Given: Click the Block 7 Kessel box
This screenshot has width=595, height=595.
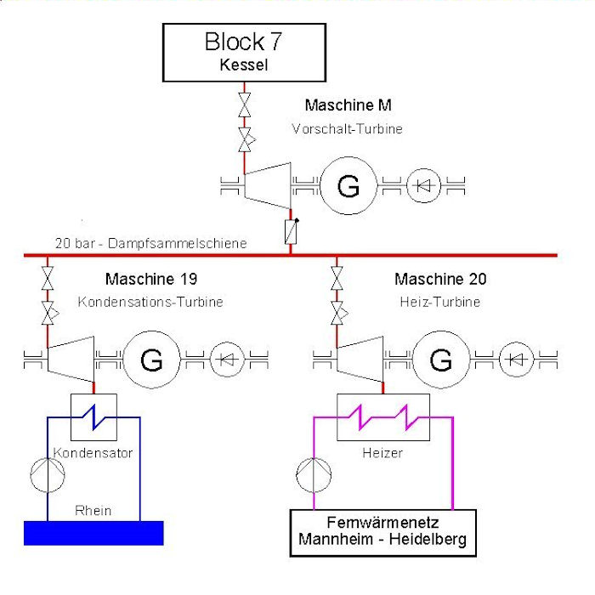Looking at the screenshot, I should click(x=244, y=52).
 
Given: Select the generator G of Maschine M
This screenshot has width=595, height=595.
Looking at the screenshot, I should click(x=348, y=185).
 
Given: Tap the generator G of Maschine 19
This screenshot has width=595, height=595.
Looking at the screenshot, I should click(x=152, y=360).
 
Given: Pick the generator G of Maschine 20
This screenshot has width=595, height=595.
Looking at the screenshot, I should click(x=440, y=360).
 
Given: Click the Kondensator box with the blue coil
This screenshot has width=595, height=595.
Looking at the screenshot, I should click(x=93, y=417).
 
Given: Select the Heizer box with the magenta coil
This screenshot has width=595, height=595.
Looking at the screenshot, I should click(x=382, y=417).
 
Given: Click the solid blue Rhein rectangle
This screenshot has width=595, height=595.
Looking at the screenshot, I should click(x=93, y=532).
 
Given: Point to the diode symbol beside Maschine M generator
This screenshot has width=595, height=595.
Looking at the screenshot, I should click(x=422, y=185).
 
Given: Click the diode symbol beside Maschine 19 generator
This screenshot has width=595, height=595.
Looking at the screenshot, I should click(x=225, y=360).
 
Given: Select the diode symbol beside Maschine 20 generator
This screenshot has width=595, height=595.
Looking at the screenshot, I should click(x=514, y=360).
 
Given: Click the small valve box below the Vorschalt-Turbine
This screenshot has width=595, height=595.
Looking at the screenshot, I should click(x=290, y=229).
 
